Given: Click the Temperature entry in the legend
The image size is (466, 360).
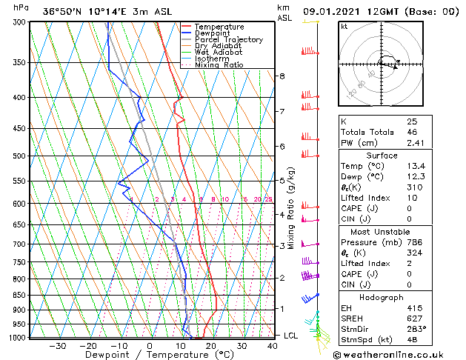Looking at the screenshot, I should click(x=219, y=27).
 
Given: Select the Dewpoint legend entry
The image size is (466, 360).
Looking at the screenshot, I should click(x=214, y=33).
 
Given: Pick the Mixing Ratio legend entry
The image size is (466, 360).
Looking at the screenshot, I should click(x=219, y=65).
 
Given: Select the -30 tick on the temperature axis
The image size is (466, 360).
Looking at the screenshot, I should click(x=57, y=345).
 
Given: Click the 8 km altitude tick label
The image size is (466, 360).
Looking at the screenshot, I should click(x=282, y=76).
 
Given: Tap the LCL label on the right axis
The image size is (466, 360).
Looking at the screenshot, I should click(x=291, y=336).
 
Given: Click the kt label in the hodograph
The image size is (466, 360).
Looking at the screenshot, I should click(x=344, y=27).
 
